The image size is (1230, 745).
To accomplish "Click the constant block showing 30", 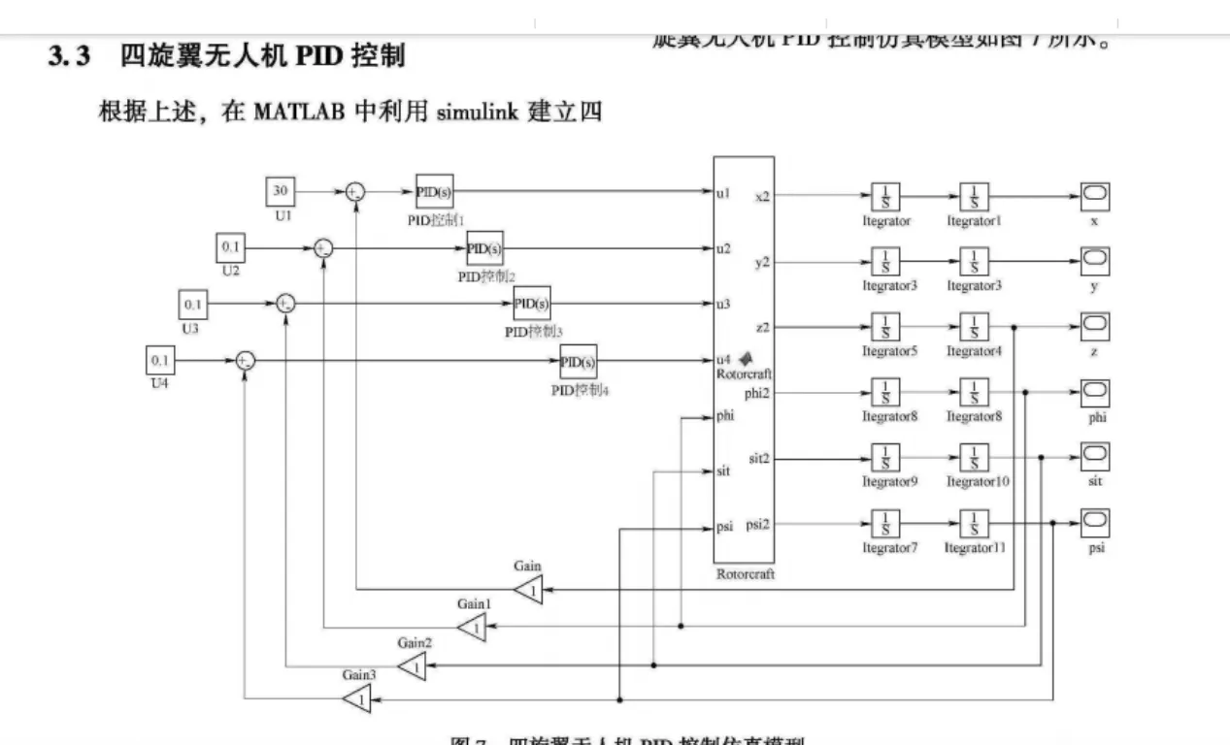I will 280,192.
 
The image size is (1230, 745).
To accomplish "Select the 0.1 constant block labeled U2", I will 230,248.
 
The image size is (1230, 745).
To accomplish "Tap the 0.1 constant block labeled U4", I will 159,361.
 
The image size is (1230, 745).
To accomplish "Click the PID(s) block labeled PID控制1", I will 433,192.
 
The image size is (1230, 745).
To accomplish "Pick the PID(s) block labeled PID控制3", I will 531,304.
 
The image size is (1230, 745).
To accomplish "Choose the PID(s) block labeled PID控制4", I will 578,362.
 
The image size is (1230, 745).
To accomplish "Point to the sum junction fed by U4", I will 246,362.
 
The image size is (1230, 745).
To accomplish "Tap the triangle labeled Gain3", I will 359,697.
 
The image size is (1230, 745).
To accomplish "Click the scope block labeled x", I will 1094,196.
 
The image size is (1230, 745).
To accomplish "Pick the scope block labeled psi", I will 1094,524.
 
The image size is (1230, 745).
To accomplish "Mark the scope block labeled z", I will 1094,327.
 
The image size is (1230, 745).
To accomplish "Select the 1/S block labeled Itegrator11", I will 974,524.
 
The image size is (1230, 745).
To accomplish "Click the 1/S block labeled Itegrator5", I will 885,327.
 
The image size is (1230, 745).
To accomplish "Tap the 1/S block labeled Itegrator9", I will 885,458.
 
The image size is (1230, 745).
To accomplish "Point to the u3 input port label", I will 723,305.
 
